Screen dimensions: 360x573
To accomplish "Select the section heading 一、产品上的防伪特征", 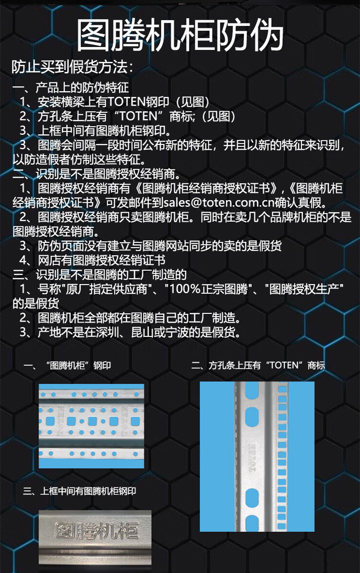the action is click(71, 88).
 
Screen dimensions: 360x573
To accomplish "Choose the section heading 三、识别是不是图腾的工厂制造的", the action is click(99, 275).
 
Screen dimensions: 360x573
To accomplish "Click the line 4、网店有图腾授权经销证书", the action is click(93, 260).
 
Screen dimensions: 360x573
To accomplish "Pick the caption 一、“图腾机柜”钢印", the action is click(67, 365).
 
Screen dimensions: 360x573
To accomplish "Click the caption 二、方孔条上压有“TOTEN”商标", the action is click(258, 365).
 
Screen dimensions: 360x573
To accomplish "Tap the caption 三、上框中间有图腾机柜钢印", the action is click(80, 491).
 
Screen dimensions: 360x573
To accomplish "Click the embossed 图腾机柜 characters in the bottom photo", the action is click(96, 531).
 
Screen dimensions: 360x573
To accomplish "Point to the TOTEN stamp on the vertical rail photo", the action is click(252, 457).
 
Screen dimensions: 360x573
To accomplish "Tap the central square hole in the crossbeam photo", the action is click(93, 422).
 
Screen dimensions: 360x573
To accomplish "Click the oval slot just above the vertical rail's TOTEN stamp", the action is click(252, 415).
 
